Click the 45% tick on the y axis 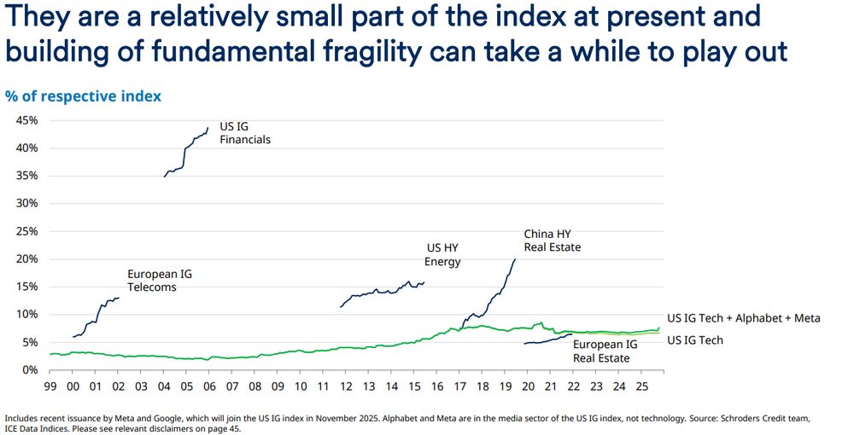[x=26, y=120]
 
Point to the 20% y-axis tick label [x=26, y=259]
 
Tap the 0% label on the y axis [x=29, y=370]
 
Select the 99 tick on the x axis [x=51, y=386]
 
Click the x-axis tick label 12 [x=346, y=386]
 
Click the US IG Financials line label [x=244, y=133]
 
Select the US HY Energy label [x=442, y=255]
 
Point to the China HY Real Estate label [x=552, y=241]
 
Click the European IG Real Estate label [x=605, y=351]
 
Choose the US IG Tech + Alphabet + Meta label [x=743, y=318]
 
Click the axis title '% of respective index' [x=83, y=96]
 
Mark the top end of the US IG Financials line [x=208, y=129]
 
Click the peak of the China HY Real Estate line [x=515, y=259]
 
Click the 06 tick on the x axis [x=210, y=386]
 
